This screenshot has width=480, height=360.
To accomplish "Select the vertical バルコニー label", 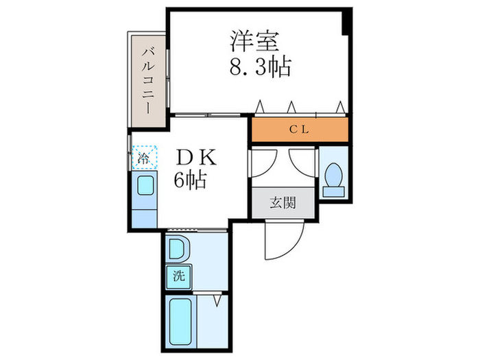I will coord(147,75).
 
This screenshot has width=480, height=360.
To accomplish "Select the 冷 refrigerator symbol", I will coord(144,158).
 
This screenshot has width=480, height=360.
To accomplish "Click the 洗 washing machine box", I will coord(178,277).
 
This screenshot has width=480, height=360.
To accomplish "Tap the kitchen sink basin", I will coord(145,186).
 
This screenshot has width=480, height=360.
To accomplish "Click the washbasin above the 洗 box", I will coord(176,248).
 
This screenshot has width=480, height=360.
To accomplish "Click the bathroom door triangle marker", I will coord(218,300).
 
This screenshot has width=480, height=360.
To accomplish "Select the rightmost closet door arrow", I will coord(339,106).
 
